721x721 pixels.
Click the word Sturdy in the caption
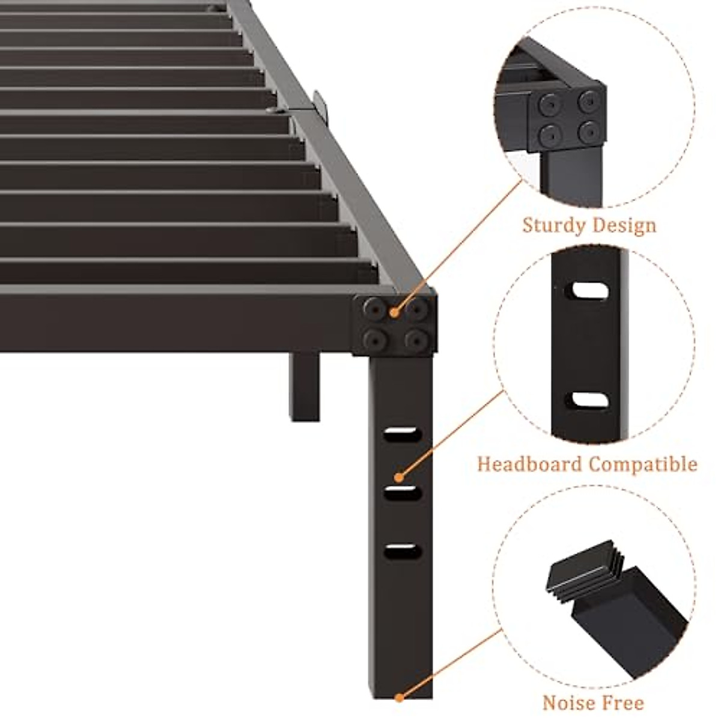click(x=553, y=226)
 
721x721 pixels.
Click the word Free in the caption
click(x=624, y=702)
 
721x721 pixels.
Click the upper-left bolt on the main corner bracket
click(x=375, y=309)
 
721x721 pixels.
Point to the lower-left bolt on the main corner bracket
click(x=375, y=341)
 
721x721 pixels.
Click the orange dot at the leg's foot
click(x=399, y=698)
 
